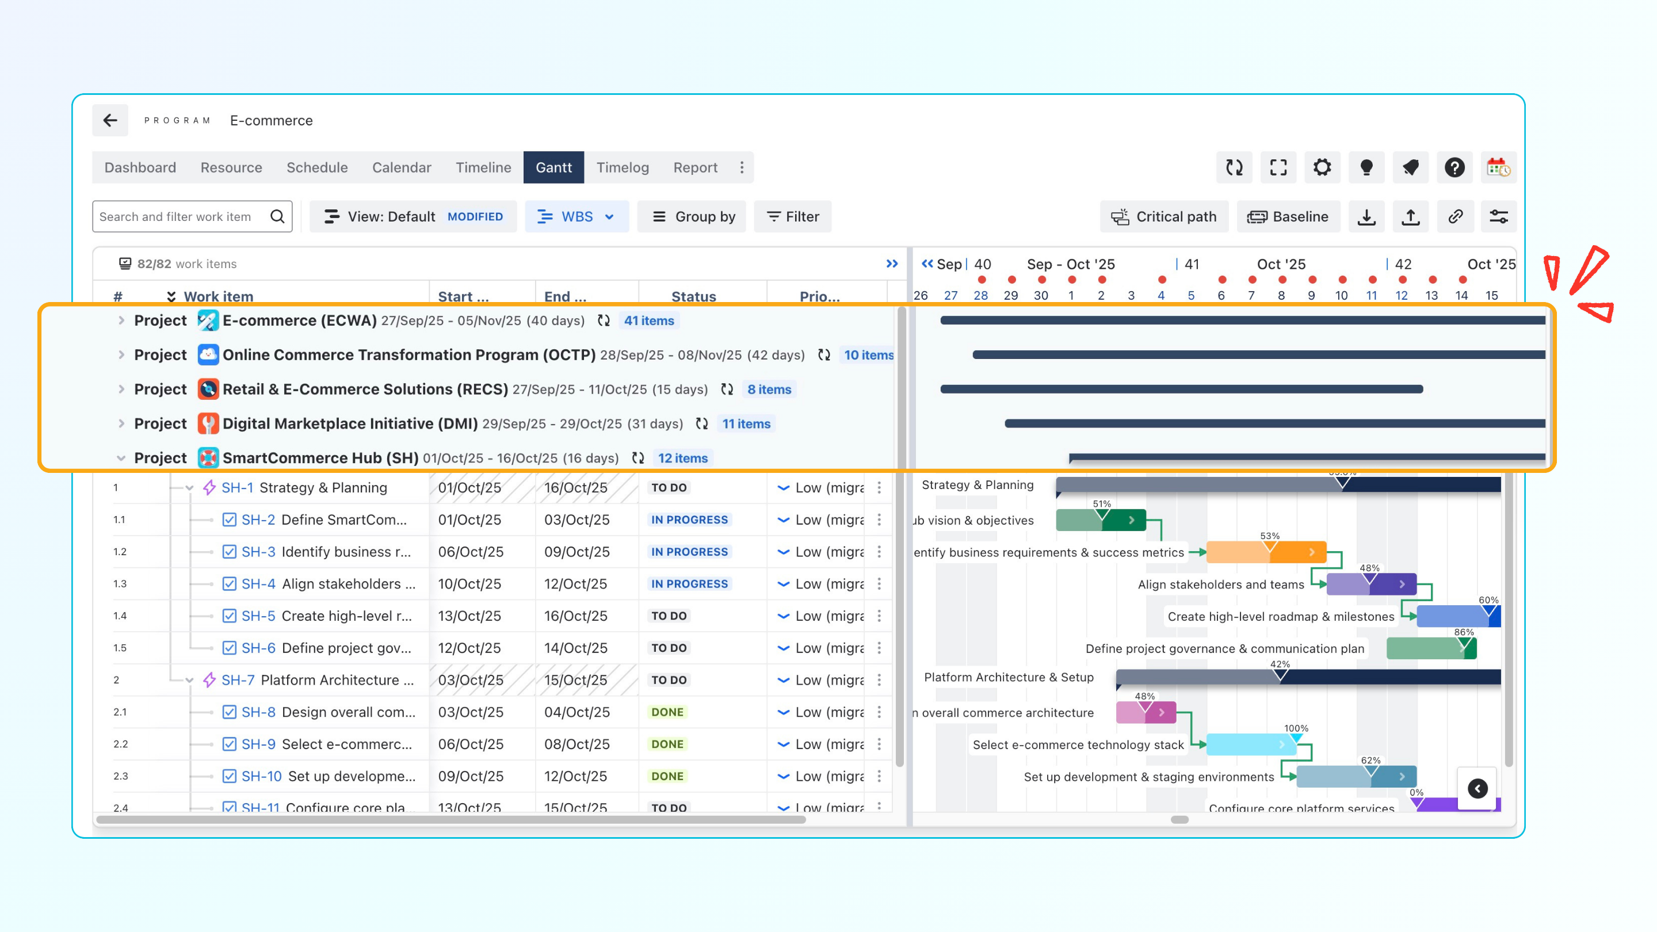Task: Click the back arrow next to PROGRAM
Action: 110,120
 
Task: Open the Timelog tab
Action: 622,167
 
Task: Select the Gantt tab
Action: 553,167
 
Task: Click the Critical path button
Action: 1165,217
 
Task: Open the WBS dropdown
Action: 576,217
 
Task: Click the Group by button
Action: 693,217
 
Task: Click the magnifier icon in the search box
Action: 277,217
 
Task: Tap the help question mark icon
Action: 1454,167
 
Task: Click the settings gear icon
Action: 1322,167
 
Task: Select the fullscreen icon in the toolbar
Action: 1278,167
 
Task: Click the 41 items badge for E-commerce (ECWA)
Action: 648,320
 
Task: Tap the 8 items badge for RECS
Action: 769,389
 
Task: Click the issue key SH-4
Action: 258,584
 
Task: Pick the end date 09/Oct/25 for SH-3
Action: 576,552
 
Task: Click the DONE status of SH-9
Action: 667,744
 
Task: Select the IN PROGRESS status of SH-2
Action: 689,520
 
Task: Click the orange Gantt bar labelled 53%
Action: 1265,552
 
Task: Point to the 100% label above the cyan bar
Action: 1296,728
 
